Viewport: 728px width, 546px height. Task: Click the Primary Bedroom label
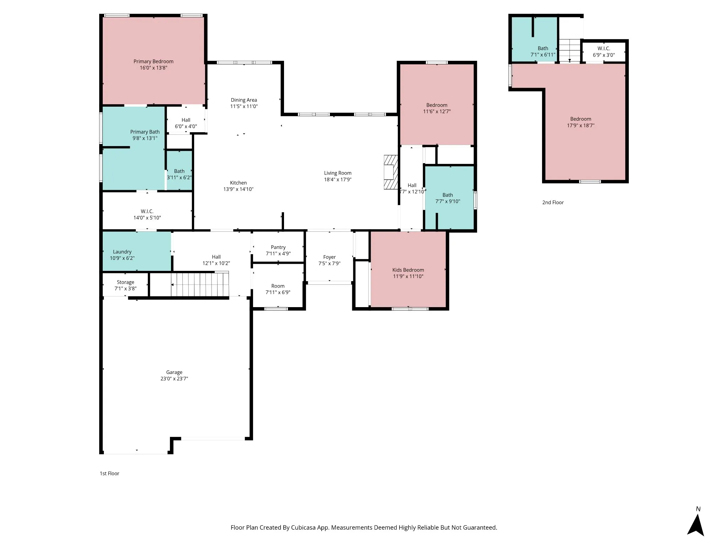(154, 61)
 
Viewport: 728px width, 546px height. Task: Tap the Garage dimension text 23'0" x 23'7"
(174, 379)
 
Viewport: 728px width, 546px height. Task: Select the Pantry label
(278, 247)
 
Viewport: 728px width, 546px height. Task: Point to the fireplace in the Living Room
(390, 172)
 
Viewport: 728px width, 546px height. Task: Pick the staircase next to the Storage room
(200, 284)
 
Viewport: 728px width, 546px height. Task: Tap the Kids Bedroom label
(408, 270)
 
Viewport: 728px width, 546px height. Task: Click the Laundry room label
(122, 252)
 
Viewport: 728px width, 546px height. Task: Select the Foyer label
(330, 257)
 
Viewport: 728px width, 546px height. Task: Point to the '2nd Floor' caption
(553, 203)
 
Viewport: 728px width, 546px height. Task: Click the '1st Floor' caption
(109, 473)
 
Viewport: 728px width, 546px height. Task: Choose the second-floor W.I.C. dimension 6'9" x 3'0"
(604, 55)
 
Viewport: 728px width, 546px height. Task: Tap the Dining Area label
(244, 100)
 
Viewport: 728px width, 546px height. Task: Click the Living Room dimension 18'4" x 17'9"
(338, 180)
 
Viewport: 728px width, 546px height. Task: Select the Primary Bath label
(145, 132)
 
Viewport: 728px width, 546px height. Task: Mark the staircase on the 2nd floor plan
(570, 50)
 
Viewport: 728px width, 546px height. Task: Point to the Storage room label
(125, 283)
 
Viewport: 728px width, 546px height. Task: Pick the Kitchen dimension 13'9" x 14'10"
(239, 189)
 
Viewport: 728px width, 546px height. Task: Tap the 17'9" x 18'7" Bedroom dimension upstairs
(581, 125)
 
